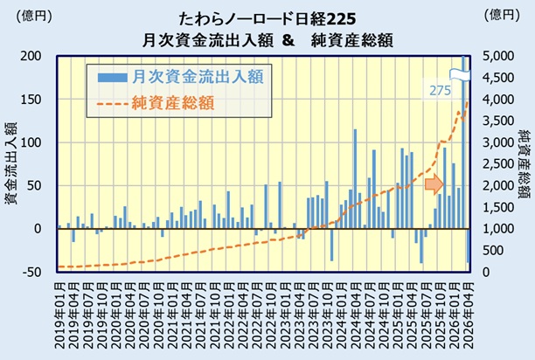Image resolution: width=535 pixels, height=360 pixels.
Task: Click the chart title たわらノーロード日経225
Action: (x=267, y=19)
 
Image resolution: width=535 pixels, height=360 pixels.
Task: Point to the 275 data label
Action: (x=440, y=91)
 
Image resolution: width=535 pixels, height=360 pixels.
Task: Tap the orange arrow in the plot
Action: (x=434, y=184)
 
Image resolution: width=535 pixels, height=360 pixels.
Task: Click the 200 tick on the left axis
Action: (x=31, y=56)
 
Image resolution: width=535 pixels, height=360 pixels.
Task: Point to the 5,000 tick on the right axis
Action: (x=497, y=56)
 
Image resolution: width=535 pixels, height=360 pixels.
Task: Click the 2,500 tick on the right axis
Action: (x=497, y=164)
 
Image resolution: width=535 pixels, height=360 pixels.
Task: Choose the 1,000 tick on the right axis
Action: (x=497, y=229)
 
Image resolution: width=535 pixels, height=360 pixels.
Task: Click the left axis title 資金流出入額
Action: (x=10, y=163)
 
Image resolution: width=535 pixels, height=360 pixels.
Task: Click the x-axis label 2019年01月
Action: (x=59, y=315)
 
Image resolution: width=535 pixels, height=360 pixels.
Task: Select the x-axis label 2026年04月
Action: (x=468, y=315)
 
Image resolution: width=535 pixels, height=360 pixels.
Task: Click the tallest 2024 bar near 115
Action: (x=355, y=179)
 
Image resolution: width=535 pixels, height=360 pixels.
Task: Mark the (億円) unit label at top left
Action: (x=34, y=16)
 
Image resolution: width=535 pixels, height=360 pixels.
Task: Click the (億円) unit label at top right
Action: (x=502, y=16)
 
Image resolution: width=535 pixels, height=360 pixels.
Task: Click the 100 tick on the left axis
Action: (x=31, y=142)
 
